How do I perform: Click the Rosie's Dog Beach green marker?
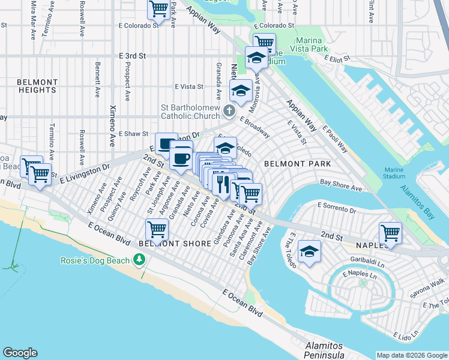click(x=140, y=259)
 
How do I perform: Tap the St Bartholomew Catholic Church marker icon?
click(x=229, y=110)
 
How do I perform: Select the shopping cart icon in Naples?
click(x=390, y=233)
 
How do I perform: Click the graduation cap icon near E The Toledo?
click(x=309, y=251)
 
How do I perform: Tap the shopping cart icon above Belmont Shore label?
click(x=157, y=229)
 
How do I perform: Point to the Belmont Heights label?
click(x=37, y=86)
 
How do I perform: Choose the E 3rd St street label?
click(x=133, y=56)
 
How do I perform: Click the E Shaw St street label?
click(x=133, y=134)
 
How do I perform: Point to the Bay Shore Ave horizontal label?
click(x=340, y=188)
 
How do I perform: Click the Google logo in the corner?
click(x=20, y=353)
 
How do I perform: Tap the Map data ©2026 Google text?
click(x=411, y=355)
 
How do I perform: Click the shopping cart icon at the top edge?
click(x=158, y=10)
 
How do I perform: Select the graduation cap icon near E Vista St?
click(x=240, y=91)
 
